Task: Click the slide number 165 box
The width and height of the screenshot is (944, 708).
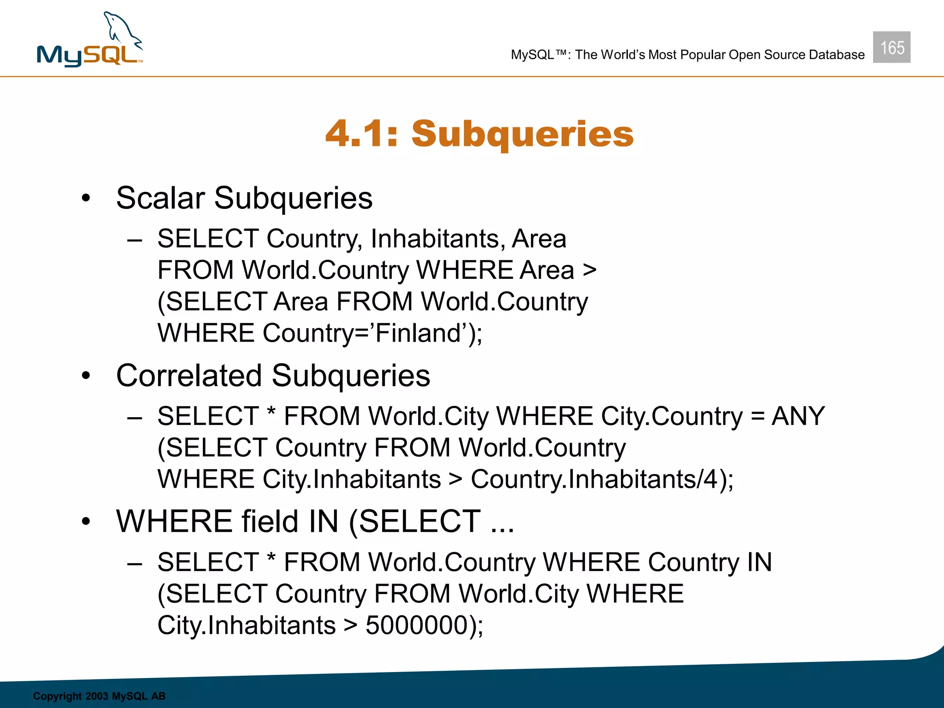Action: [x=891, y=47]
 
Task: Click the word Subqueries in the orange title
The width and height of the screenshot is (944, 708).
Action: [x=523, y=134]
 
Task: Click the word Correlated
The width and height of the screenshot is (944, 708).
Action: [x=189, y=376]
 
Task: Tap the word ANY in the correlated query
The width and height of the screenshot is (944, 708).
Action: [x=798, y=416]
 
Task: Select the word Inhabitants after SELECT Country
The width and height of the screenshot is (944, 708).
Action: [x=435, y=239]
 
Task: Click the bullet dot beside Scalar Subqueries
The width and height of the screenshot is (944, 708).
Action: [x=86, y=199]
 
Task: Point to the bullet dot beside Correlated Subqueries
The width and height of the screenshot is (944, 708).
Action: [x=86, y=376]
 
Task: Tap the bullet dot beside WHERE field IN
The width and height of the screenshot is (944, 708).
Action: [x=86, y=522]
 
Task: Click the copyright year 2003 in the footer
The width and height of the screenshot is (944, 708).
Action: [x=97, y=696]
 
